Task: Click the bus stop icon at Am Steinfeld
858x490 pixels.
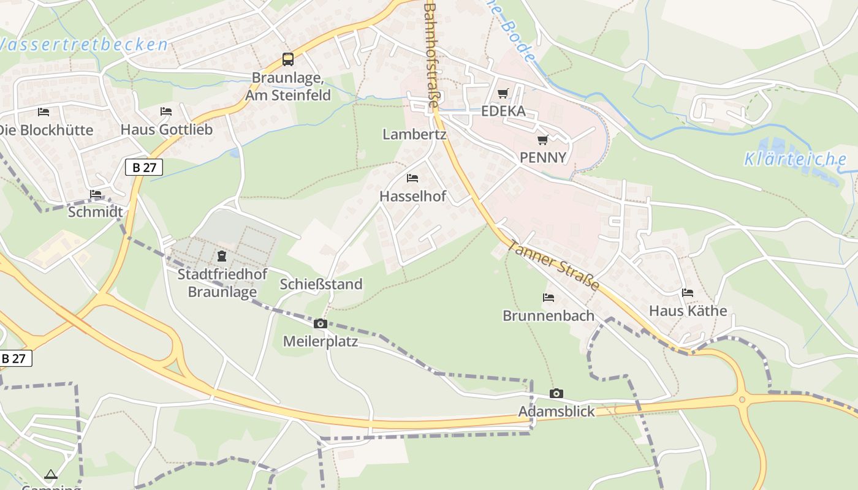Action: tap(288, 59)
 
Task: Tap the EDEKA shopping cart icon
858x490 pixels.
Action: tap(503, 93)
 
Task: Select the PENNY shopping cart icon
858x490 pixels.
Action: tap(542, 140)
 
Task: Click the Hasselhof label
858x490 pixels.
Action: tap(412, 196)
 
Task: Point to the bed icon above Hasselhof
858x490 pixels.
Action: tap(412, 178)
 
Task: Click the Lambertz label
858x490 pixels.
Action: tap(414, 134)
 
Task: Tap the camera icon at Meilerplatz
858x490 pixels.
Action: tap(320, 323)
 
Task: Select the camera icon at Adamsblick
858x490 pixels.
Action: tap(556, 393)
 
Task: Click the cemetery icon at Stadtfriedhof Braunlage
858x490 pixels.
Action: tap(222, 255)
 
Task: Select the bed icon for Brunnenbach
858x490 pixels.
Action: tap(549, 298)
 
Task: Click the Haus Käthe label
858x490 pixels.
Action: tap(688, 311)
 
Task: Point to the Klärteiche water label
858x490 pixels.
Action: tap(795, 160)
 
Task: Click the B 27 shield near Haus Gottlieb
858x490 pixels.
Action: tap(144, 167)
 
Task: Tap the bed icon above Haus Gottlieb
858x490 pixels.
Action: tap(166, 111)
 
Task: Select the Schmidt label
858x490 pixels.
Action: tap(95, 212)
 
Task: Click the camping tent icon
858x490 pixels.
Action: tap(51, 474)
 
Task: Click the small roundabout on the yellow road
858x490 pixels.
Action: tap(742, 399)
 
